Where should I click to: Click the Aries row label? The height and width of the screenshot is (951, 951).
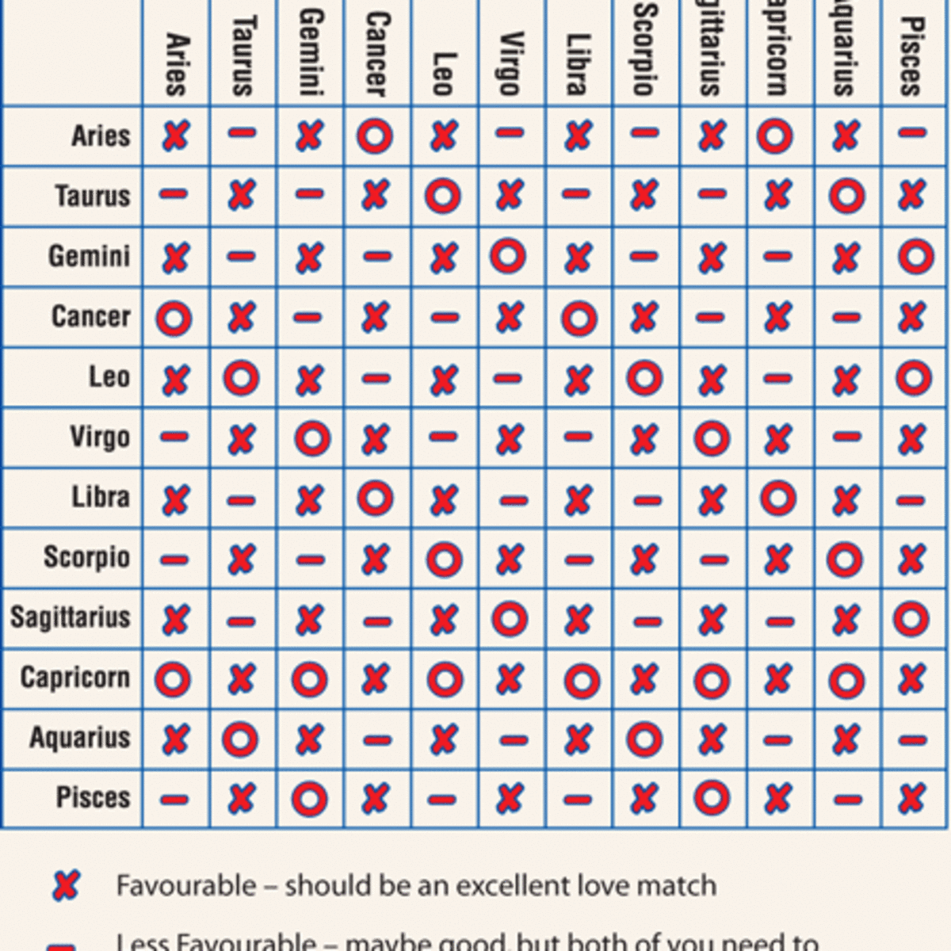point(100,136)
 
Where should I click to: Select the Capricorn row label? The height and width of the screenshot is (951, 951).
point(74,678)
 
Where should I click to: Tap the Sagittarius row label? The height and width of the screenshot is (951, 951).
point(70,617)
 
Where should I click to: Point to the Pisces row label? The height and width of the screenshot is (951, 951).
point(93,798)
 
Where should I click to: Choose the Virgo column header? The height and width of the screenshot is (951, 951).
point(511,63)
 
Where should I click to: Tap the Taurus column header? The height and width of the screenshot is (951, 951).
point(243,55)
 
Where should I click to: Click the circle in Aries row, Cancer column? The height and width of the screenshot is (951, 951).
point(375,136)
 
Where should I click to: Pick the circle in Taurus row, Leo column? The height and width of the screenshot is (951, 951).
point(443,196)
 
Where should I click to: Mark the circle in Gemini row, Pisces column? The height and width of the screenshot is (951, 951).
point(915,256)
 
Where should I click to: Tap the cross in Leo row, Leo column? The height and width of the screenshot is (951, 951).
point(443,379)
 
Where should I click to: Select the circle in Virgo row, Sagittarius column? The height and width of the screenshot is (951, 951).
point(712,438)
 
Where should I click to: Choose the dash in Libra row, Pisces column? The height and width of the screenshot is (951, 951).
point(913,501)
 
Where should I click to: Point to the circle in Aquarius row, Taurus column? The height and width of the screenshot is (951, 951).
point(240,740)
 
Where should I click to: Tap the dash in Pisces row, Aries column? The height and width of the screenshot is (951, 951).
point(174,800)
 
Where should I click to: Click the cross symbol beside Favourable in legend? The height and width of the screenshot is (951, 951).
point(66,884)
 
